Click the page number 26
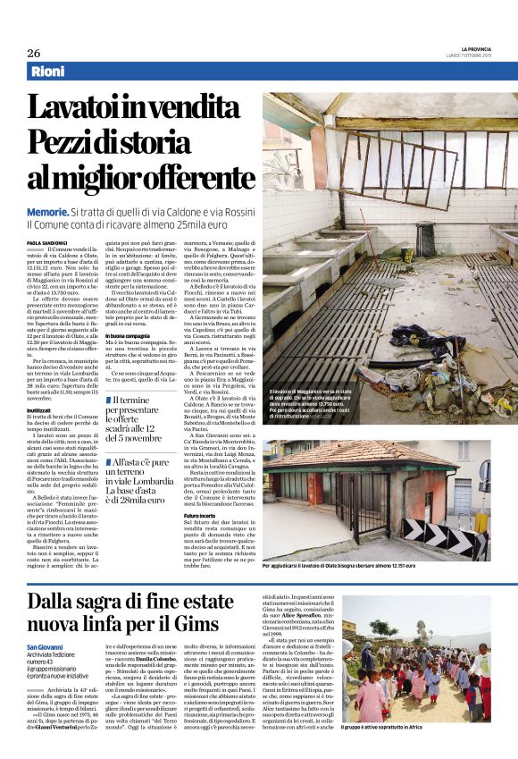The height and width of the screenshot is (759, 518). (33, 53)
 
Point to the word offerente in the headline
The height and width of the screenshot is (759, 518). (183, 178)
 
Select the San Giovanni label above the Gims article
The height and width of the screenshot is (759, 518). (46, 646)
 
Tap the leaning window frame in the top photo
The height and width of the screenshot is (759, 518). (385, 142)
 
